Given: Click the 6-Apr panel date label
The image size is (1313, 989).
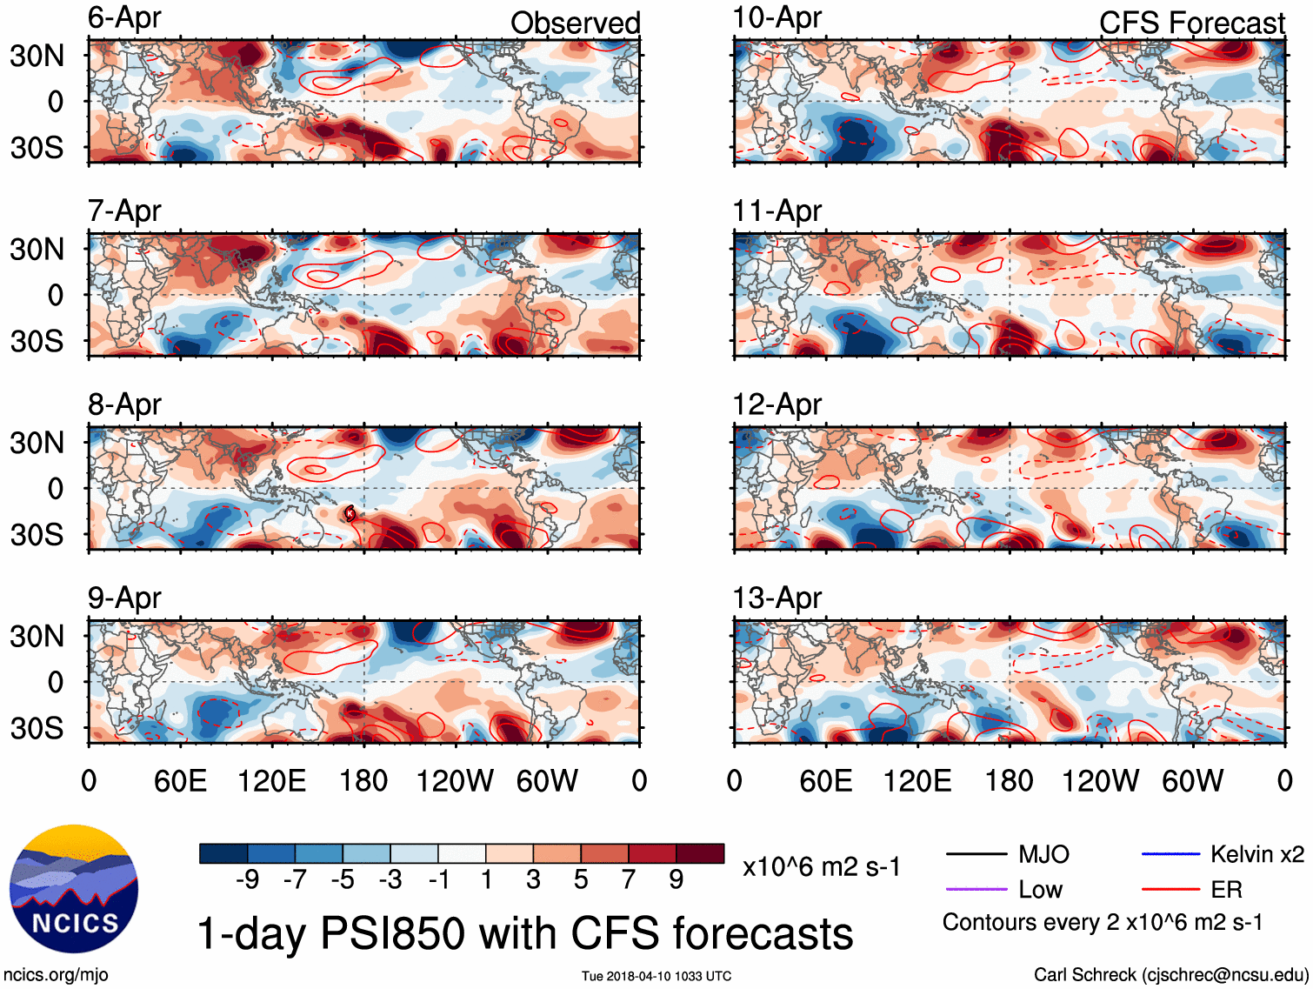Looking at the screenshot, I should [124, 17].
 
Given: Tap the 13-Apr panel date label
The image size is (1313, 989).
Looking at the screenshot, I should [776, 598].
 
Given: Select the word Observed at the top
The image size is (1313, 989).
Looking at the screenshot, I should [575, 23].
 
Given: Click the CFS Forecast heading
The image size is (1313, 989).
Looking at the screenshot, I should [1191, 23].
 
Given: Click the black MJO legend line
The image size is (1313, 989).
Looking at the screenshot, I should [976, 855].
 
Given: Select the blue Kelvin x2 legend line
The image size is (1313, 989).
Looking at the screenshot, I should [1170, 855].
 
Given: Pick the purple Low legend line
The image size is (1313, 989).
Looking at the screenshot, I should [976, 890].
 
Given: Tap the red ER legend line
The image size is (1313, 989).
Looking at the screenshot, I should [1170, 890].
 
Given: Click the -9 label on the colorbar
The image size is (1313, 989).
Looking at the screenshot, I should [248, 880].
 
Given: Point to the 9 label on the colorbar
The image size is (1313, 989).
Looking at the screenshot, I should [676, 880].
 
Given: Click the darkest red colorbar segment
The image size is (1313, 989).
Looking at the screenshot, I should [700, 853].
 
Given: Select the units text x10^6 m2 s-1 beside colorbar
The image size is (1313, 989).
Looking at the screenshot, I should [821, 866].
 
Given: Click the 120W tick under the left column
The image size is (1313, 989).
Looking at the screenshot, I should [454, 781].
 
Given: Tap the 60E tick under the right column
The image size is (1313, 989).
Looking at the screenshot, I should [825, 781].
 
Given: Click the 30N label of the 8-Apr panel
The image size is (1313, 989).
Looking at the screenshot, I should [37, 443].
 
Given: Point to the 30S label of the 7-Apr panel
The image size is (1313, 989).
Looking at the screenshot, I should [37, 341].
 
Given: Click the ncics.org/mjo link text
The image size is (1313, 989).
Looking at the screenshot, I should [56, 975].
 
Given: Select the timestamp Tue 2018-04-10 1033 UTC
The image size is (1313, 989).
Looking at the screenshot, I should [656, 976].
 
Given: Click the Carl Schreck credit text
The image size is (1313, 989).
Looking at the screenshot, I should [1170, 975].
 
